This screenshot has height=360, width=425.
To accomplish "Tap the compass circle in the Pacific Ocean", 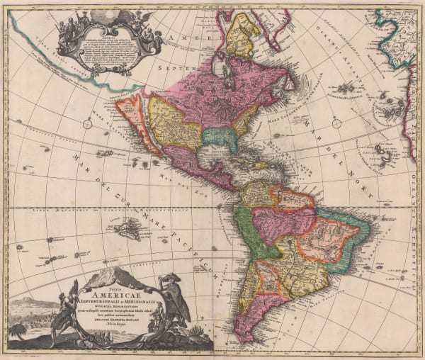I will click(87, 124).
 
